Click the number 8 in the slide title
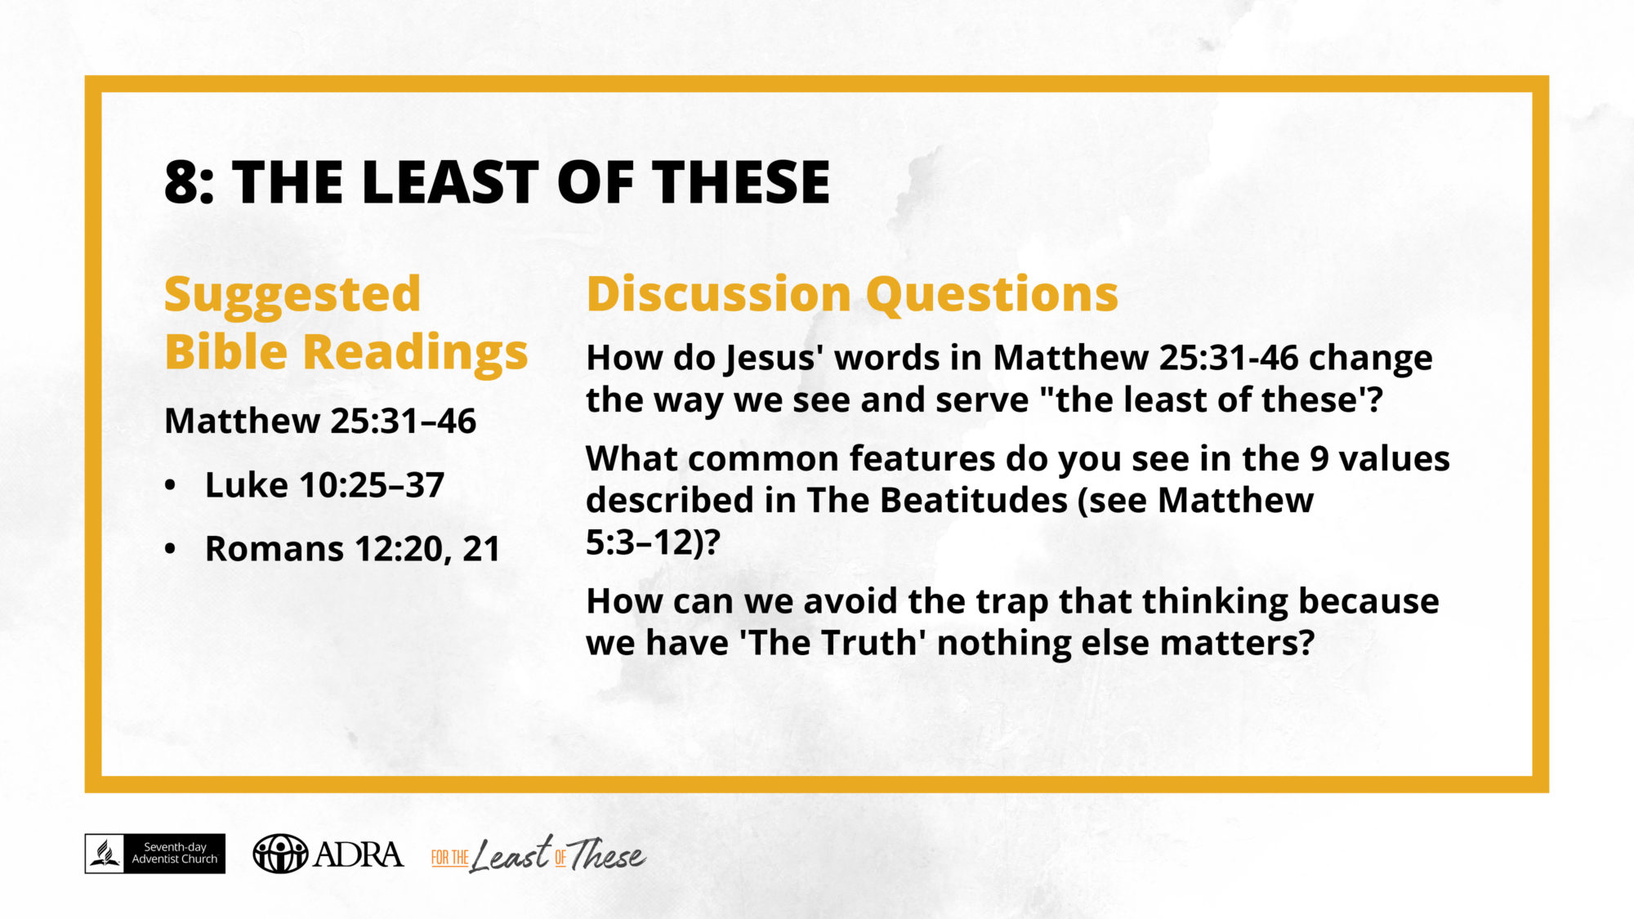182,181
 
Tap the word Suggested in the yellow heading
292,295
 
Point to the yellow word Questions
992,295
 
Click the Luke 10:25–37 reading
324,484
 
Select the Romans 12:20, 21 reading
352,549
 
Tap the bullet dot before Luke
170,485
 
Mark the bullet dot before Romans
170,549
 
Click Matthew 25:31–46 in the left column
320,421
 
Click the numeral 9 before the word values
1319,458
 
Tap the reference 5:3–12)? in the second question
653,542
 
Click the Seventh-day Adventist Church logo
155,854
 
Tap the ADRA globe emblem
280,854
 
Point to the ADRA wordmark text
359,854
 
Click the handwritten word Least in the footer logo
511,854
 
